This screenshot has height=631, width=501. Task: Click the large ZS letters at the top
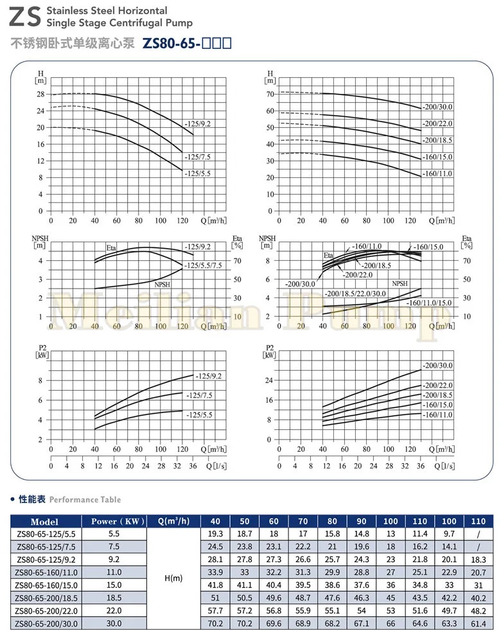[23, 17]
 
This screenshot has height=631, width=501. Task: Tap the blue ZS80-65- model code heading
[186, 44]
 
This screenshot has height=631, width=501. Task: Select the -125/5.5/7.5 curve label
[207, 265]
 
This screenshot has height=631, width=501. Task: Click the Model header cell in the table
[44, 522]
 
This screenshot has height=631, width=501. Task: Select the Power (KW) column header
[114, 522]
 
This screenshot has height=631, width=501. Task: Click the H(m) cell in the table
[173, 578]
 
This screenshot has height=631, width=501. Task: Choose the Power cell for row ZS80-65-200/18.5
[114, 597]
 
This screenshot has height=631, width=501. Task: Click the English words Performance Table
[85, 499]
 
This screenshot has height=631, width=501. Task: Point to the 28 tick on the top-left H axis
[40, 94]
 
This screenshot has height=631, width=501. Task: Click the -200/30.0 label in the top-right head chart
[437, 107]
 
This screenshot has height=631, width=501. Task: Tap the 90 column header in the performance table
[362, 522]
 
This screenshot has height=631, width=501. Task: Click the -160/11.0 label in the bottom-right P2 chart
[437, 415]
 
